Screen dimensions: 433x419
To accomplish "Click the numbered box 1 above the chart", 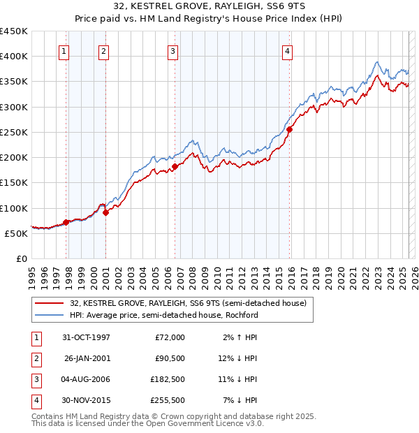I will pyautogui.click(x=64, y=50).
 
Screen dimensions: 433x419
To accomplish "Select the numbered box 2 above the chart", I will pyautogui.click(x=103, y=50).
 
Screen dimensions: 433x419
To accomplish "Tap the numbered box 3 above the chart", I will pyautogui.click(x=172, y=50).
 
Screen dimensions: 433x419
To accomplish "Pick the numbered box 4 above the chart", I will pyautogui.click(x=287, y=50).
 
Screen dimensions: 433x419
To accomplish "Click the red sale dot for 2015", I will pyautogui.click(x=289, y=129).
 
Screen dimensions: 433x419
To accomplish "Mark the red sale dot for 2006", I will pyautogui.click(x=175, y=166).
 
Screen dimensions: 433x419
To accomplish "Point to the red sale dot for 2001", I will pyautogui.click(x=105, y=213).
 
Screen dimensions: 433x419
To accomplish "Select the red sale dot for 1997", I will pyautogui.click(x=66, y=222).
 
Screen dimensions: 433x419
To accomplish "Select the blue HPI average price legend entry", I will pyautogui.click(x=164, y=315).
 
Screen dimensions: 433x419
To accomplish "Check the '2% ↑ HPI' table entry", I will pyautogui.click(x=241, y=337).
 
